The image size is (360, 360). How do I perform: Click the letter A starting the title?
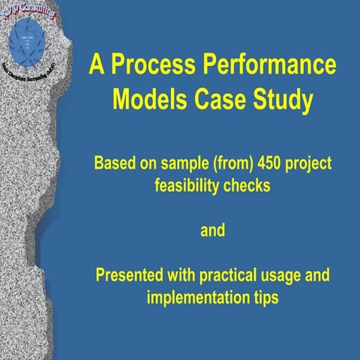point(96,64)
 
